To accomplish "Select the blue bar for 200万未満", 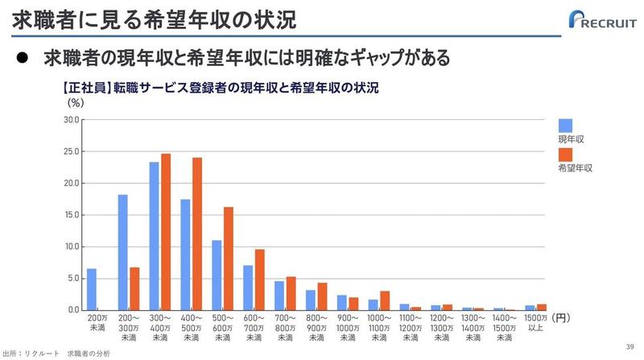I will click(91, 289).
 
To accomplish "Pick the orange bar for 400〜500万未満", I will click(197, 234).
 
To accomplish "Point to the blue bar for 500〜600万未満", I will click(217, 275).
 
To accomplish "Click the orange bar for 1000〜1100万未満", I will click(385, 300).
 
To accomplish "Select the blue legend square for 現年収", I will click(565, 125).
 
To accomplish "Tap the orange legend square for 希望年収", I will click(565, 154).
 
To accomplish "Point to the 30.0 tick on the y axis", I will click(72, 120).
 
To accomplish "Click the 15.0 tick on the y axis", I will click(72, 215).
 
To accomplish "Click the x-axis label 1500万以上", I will click(535, 324).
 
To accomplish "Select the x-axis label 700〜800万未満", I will click(285, 324).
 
